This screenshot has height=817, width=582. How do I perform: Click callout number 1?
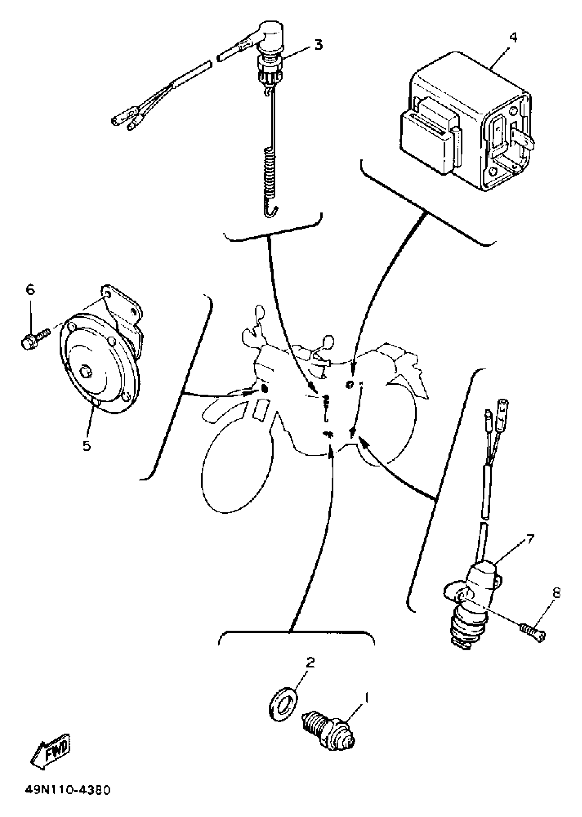(x=366, y=697)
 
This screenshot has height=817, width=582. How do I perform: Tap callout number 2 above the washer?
(x=311, y=662)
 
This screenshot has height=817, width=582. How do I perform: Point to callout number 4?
(x=513, y=37)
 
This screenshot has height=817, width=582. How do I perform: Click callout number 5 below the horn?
(x=87, y=446)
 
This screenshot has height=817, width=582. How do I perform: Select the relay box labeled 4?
(x=466, y=124)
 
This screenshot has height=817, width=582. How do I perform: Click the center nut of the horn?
(x=86, y=372)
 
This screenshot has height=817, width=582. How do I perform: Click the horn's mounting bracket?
(x=124, y=312)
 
